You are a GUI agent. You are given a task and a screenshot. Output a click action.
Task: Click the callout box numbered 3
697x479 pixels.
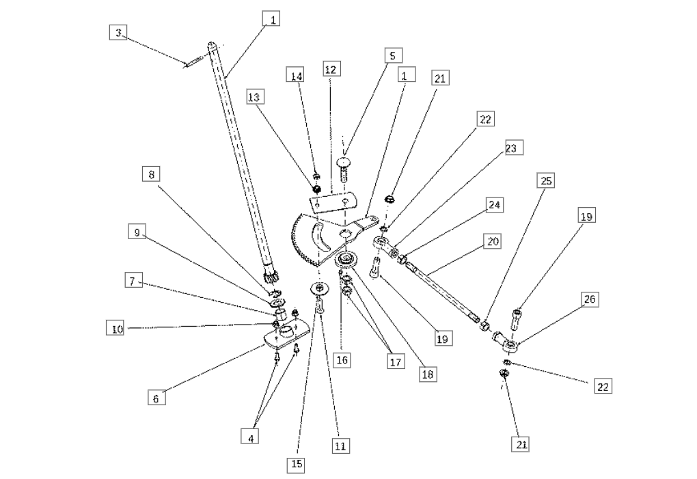[118, 32]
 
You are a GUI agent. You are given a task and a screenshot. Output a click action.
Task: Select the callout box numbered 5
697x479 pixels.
[392, 56]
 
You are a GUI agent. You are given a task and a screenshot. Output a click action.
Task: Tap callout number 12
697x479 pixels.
[331, 69]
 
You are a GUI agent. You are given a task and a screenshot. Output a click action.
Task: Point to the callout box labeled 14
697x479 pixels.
[297, 76]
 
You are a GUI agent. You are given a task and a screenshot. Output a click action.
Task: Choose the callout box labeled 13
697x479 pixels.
[254, 97]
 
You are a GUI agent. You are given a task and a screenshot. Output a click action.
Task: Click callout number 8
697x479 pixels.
[151, 174]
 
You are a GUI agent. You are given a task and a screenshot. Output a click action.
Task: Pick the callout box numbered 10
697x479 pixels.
[117, 329]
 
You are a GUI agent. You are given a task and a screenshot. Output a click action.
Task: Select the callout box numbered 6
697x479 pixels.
[156, 398]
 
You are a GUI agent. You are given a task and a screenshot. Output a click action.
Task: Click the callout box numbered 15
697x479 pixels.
[297, 464]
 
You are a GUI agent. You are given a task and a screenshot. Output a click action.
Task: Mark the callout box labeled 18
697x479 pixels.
[428, 374]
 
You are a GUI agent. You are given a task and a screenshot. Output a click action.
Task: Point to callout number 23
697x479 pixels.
[510, 148]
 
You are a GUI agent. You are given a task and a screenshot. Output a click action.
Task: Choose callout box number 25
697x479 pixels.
[546, 181]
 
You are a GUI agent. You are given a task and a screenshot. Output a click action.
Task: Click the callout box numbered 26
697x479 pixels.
[590, 299]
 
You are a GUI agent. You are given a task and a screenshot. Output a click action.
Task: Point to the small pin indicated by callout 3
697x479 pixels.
[193, 61]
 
